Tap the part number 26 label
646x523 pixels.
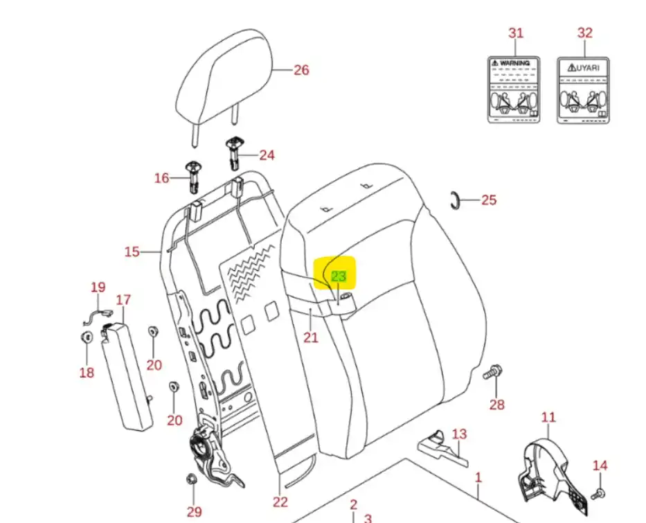[x=301, y=70]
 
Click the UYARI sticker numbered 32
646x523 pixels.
[x=584, y=90]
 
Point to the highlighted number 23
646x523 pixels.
[x=338, y=276]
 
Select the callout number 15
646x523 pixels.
[x=132, y=251]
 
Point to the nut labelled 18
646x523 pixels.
[x=87, y=339]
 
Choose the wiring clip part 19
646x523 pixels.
[x=95, y=318]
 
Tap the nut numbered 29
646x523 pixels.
[x=192, y=479]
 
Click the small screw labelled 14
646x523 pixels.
[x=598, y=493]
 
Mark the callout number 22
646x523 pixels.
[x=280, y=502]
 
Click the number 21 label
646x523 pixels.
[x=311, y=337]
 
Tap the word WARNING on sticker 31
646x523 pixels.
[x=514, y=63]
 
